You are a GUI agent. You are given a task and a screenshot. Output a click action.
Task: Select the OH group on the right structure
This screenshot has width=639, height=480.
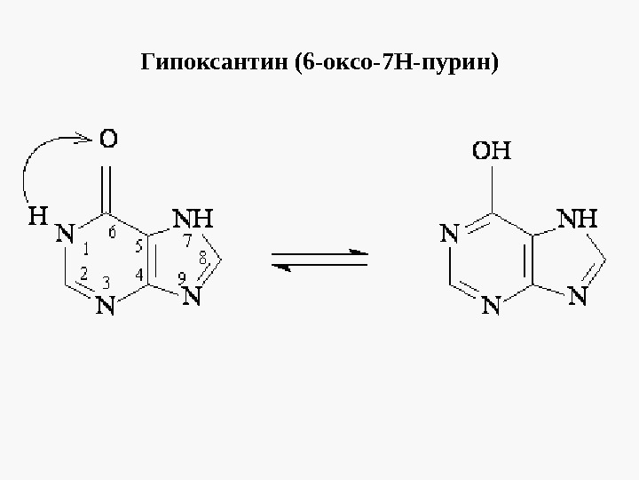click(491, 150)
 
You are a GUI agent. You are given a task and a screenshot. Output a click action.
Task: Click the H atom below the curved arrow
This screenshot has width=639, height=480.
click(37, 216)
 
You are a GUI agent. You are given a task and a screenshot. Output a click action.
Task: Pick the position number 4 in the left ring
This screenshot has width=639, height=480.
click(140, 276)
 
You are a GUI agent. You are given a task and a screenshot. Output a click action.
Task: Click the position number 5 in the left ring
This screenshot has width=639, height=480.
click(140, 246)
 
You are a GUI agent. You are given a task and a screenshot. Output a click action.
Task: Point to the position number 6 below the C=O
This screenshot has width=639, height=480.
click(112, 233)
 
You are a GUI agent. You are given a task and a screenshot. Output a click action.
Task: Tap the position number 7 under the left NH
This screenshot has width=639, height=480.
click(187, 241)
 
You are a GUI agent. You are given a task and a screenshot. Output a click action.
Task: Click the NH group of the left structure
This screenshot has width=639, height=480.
click(193, 219)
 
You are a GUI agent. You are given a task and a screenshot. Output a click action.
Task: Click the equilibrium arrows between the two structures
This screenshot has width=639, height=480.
click(319, 261)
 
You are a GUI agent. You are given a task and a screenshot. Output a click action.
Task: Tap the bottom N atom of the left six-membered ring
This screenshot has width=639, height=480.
click(106, 307)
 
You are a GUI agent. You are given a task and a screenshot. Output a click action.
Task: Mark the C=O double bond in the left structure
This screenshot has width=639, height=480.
click(108, 182)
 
